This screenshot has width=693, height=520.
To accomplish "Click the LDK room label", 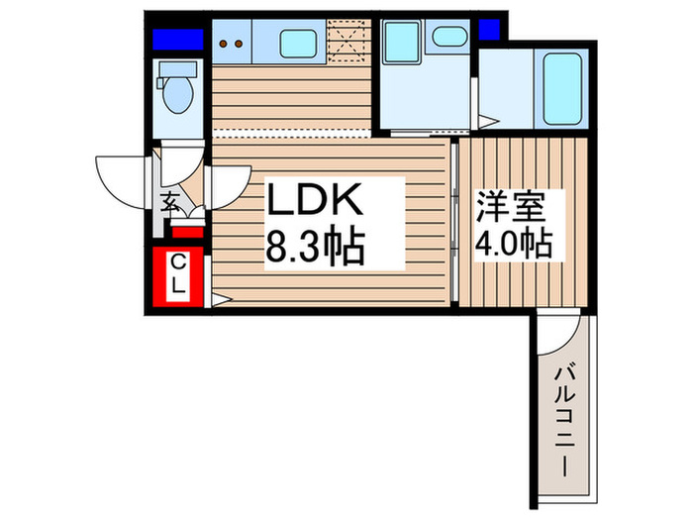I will (315, 202).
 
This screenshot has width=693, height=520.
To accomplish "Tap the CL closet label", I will (178, 274).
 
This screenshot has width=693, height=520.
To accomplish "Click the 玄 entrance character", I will (171, 206).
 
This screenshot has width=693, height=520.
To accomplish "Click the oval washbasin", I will (449, 37).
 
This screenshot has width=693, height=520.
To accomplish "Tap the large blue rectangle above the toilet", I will (178, 40).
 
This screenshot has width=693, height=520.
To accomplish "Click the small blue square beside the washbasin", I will (488, 30).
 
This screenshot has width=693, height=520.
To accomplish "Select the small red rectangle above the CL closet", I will (187, 232).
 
